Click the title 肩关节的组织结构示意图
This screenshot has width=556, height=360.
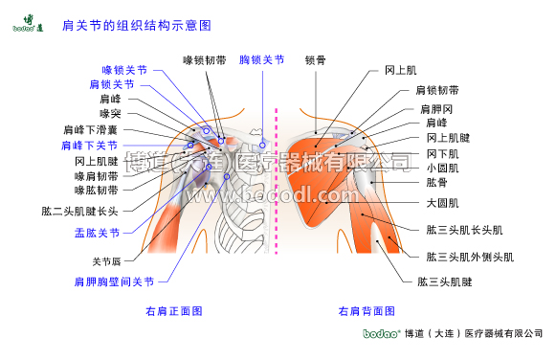click(x=136, y=22)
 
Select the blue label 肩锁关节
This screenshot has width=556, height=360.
click(x=112, y=84)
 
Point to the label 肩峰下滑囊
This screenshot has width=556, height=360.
click(x=91, y=129)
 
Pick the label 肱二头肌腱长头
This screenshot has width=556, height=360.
click(x=79, y=211)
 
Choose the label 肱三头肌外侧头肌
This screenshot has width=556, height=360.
click(x=470, y=258)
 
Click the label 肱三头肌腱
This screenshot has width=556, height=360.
click(x=445, y=282)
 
